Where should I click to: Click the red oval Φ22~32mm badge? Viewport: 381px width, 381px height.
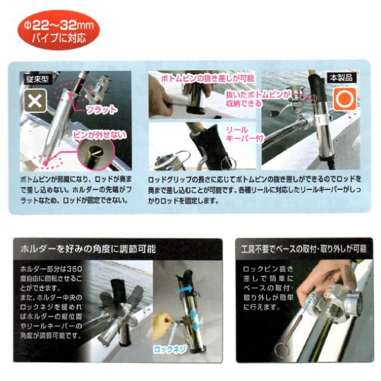(58, 30)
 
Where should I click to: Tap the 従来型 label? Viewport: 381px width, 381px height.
(38, 79)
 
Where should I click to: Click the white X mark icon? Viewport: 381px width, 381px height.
(35, 101)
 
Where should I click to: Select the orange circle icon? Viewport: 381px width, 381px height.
(345, 99)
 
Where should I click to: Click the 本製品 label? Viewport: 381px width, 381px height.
(341, 78)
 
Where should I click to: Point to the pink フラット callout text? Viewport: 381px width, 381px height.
(101, 110)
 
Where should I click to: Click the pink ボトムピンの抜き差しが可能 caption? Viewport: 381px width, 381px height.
(208, 78)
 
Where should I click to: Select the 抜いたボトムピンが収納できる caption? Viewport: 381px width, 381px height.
(258, 99)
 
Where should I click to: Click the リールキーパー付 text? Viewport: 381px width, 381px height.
(245, 134)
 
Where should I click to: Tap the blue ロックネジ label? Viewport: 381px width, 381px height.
(170, 349)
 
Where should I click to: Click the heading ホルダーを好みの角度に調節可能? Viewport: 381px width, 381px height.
(88, 249)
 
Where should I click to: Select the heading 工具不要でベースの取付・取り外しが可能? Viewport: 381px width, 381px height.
(304, 249)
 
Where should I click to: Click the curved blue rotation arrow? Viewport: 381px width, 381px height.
(184, 290)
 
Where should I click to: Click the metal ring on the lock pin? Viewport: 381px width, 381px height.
(282, 350)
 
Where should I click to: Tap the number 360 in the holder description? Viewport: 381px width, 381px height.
(74, 269)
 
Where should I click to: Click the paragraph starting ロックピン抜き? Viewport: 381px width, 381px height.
(268, 288)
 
